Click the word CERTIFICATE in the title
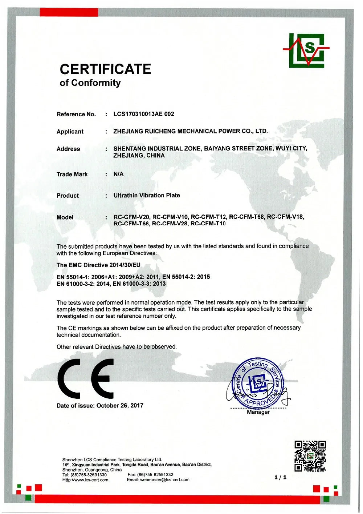[x=105, y=69]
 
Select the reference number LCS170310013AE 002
[x=144, y=114]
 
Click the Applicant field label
[x=70, y=132]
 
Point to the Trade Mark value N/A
[x=118, y=174]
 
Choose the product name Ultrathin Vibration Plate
[x=147, y=196]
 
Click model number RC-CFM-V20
[x=131, y=217]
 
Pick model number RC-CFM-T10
[x=208, y=224]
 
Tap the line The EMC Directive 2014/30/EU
[x=98, y=265]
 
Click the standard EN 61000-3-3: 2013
[x=139, y=284]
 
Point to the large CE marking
[x=86, y=378]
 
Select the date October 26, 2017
[x=120, y=406]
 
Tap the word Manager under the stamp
[x=258, y=412]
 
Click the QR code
[x=310, y=456]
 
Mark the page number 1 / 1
[x=280, y=477]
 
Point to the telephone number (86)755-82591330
[x=89, y=475]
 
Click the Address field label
[x=68, y=149]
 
